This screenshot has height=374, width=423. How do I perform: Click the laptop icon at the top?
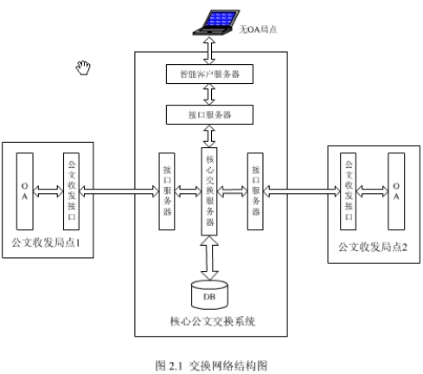(x=216, y=23)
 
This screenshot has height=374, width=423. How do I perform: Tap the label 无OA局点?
(x=258, y=29)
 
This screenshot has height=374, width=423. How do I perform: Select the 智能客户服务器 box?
(x=209, y=74)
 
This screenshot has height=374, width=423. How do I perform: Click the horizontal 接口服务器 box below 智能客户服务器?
(x=209, y=115)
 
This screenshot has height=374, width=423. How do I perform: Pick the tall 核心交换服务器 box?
(x=209, y=191)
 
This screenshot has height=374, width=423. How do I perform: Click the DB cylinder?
(x=209, y=294)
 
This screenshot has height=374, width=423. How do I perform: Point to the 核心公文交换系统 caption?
(x=213, y=321)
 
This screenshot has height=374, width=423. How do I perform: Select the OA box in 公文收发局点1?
(x=25, y=191)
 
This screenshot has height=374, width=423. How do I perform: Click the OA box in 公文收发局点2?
(x=396, y=191)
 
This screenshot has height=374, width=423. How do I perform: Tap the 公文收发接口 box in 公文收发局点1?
(x=71, y=191)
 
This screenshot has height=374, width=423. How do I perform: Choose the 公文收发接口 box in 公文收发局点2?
(x=348, y=191)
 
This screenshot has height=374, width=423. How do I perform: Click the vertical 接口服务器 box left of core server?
(x=167, y=191)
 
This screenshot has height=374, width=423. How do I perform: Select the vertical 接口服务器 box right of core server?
(x=255, y=191)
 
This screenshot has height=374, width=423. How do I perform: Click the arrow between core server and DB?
(x=209, y=258)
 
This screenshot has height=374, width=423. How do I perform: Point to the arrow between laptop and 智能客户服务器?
(x=209, y=50)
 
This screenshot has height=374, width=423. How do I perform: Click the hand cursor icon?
(x=83, y=68)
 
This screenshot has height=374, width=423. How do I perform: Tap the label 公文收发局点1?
(x=46, y=242)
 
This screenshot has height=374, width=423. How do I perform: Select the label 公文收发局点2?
(x=373, y=247)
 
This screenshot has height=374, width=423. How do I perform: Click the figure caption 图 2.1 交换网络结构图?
(x=211, y=365)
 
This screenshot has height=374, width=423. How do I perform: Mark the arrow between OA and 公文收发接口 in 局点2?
(x=372, y=191)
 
